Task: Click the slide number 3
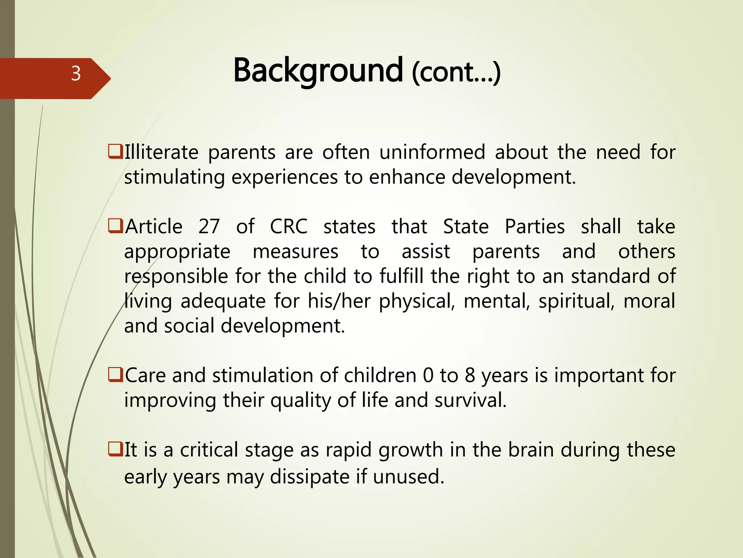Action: pyautogui.click(x=76, y=74)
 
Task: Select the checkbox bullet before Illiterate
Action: pyautogui.click(x=115, y=151)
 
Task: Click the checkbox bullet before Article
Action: pyautogui.click(x=115, y=226)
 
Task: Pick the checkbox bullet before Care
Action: pyautogui.click(x=115, y=375)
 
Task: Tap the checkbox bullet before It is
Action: pyautogui.click(x=115, y=449)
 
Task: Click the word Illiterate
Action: pyautogui.click(x=161, y=152)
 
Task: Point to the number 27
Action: pyautogui.click(x=209, y=227)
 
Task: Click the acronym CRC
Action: pyautogui.click(x=289, y=227)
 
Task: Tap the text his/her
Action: pyautogui.click(x=339, y=302)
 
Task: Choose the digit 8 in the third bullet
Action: pyautogui.click(x=470, y=375)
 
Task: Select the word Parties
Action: pyautogui.click(x=535, y=227)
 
